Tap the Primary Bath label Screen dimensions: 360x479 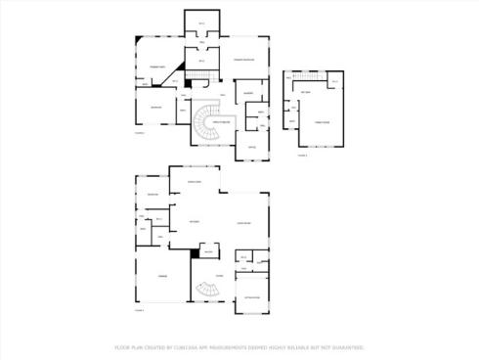154,66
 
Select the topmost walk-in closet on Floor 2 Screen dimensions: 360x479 202,23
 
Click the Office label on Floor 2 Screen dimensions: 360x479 250,146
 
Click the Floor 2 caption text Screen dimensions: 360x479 140,133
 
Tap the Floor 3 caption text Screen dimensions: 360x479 302,155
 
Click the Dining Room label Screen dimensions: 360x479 194,182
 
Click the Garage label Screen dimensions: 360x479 162,277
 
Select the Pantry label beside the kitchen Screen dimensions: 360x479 208,252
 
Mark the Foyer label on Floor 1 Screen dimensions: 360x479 220,277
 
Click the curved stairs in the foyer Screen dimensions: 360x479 206,291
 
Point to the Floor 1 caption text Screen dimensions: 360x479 139,309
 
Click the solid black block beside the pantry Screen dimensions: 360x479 196,253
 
